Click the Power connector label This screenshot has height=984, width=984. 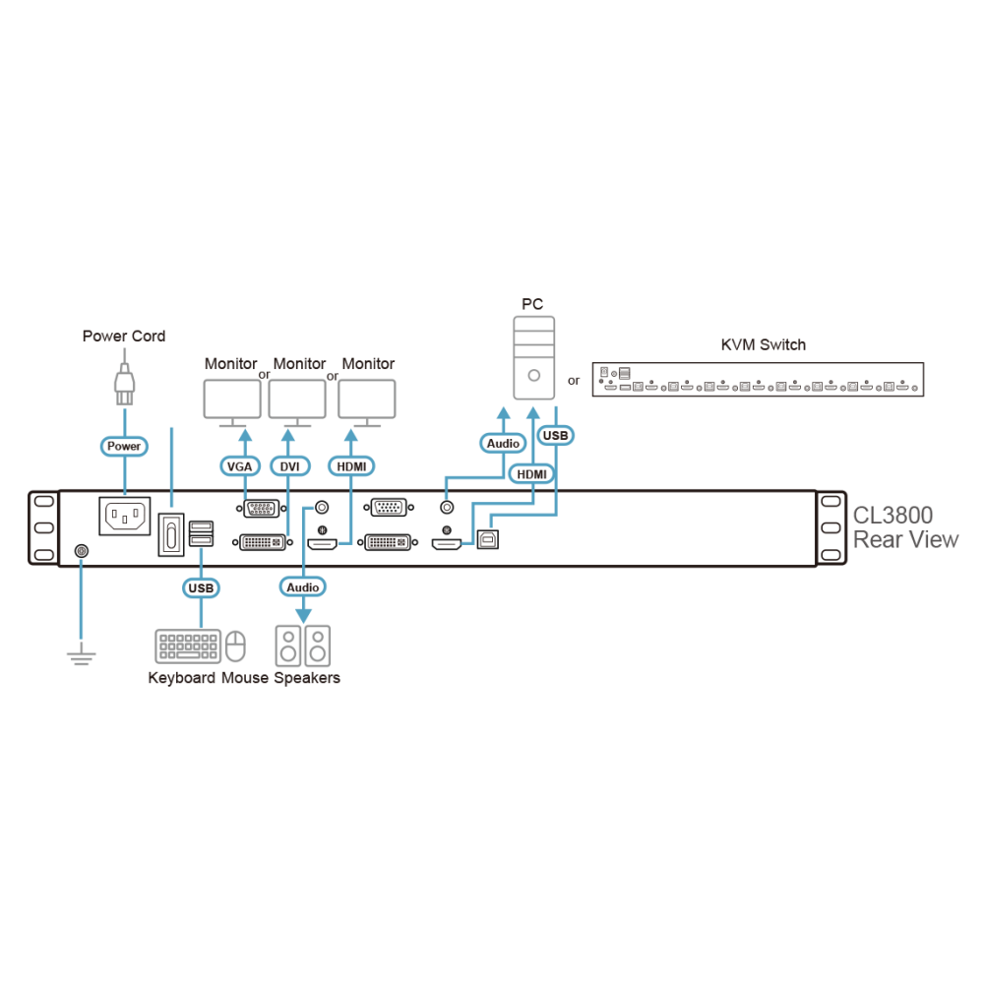click(124, 446)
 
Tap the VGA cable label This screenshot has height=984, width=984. click(240, 466)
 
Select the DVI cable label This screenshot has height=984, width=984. click(289, 466)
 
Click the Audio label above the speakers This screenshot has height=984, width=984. click(302, 586)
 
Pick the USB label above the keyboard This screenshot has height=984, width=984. click(201, 588)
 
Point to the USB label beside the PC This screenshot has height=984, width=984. click(555, 435)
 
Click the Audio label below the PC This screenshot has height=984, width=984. click(503, 443)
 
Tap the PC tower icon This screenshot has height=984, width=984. click(534, 358)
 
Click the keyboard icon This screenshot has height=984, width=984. click(188, 646)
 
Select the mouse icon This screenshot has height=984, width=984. click(235, 646)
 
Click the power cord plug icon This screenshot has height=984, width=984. click(124, 383)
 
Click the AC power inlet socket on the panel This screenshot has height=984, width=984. click(125, 516)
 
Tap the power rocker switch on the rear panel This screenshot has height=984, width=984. click(170, 534)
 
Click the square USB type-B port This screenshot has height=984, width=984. click(488, 539)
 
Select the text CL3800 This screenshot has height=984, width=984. click(892, 516)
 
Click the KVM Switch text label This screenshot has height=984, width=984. click(764, 344)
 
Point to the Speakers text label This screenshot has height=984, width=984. click(307, 678)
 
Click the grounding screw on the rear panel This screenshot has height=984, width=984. click(82, 551)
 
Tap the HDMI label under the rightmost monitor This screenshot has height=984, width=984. click(351, 466)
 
